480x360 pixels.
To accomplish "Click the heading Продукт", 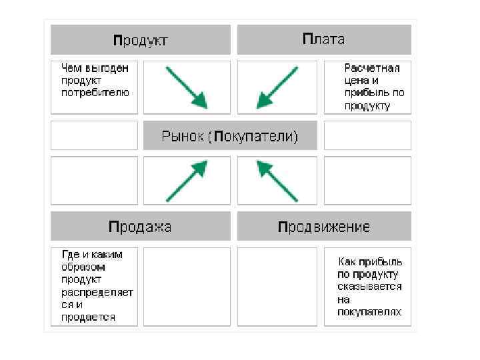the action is (x=140, y=40).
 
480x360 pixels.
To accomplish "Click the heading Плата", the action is (x=323, y=39).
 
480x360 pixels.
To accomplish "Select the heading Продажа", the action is (x=140, y=227).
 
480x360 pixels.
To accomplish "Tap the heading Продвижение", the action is (x=323, y=227).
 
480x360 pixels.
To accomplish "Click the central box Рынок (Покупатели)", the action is (x=230, y=137).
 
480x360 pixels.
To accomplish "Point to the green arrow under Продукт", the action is (x=187, y=87).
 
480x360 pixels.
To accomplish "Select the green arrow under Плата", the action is (x=277, y=87).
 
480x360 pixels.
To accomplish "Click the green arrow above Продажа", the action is (x=187, y=180).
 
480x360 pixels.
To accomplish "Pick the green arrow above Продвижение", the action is (x=277, y=180).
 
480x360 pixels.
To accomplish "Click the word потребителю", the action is (x=95, y=93).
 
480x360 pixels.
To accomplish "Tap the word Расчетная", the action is (x=372, y=67).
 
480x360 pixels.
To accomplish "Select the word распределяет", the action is (x=97, y=292).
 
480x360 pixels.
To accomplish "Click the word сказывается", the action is (x=369, y=286).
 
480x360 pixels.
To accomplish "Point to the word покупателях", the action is (x=369, y=312).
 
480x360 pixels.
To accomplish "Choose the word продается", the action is (x=88, y=317).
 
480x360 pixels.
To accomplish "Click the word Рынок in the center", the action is (x=182, y=137).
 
